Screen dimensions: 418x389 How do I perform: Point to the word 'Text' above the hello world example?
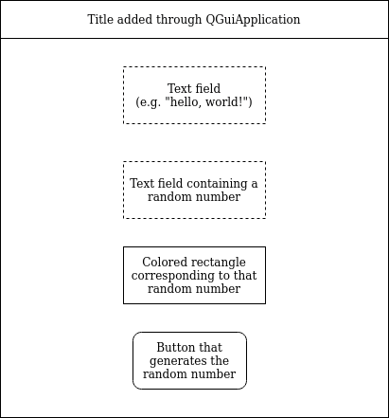[180, 89]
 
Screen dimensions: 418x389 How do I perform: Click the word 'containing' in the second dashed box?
[214, 184]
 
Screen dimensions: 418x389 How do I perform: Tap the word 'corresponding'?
[173, 276]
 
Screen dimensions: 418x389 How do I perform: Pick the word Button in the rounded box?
[175, 348]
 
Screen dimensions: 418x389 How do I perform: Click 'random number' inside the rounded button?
[189, 374]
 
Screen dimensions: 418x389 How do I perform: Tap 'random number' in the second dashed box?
[194, 197]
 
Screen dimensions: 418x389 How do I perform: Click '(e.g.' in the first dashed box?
[150, 102]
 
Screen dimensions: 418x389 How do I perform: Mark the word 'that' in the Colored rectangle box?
[243, 276]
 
